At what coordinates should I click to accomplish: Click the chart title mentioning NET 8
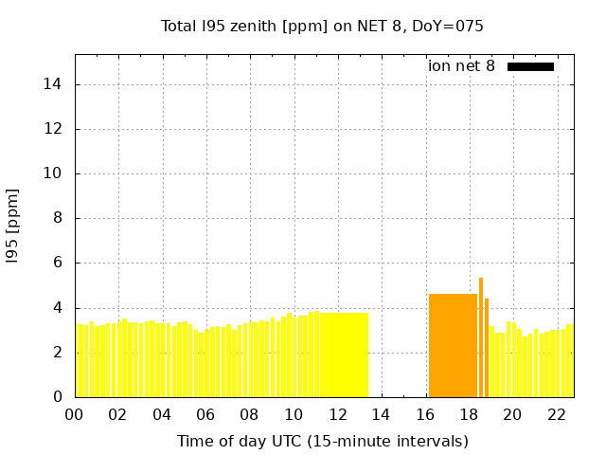pyautogui.click(x=323, y=26)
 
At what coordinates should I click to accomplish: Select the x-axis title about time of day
pyautogui.click(x=323, y=441)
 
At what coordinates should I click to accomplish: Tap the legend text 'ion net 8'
pyautogui.click(x=461, y=66)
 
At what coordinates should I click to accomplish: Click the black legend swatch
pyautogui.click(x=530, y=66)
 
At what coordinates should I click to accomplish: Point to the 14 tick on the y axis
pyautogui.click(x=53, y=84)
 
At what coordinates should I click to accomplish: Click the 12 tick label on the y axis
pyautogui.click(x=53, y=129)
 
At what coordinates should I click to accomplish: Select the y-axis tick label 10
pyautogui.click(x=53, y=173)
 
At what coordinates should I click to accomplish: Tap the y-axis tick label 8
pyautogui.click(x=57, y=218)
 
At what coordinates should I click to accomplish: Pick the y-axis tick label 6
pyautogui.click(x=57, y=263)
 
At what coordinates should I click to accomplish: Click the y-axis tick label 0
pyautogui.click(x=57, y=397)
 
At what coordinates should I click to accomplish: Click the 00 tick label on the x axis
pyautogui.click(x=74, y=415)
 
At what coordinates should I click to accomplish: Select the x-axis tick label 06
pyautogui.click(x=205, y=415)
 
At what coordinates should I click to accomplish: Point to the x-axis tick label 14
pyautogui.click(x=381, y=415)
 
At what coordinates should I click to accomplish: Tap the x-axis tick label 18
pyautogui.click(x=469, y=415)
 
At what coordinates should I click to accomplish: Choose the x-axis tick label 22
pyautogui.click(x=556, y=415)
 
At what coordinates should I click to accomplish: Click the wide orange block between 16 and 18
pyautogui.click(x=453, y=346)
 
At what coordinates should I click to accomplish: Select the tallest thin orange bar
pyautogui.click(x=481, y=337)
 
